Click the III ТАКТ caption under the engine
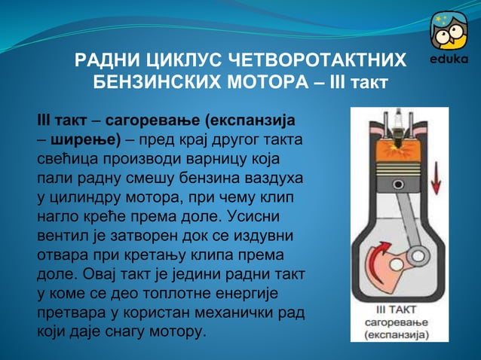(398, 310)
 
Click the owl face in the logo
(449, 32)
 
